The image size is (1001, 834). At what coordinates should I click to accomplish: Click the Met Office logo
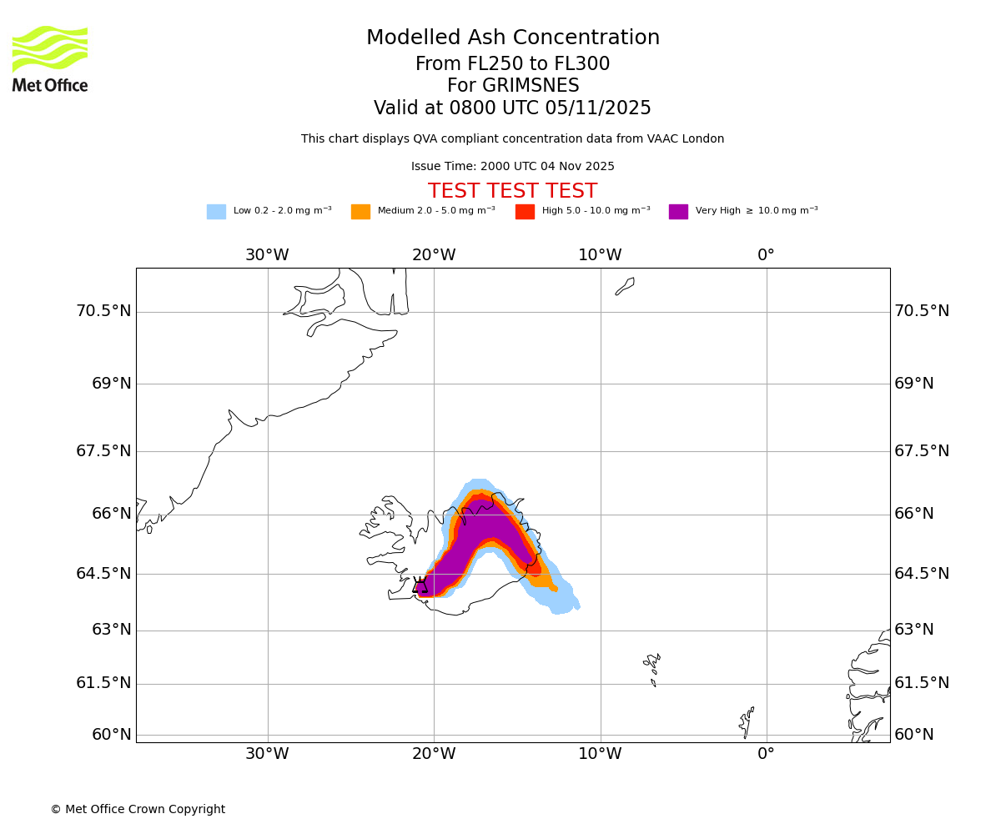(x=50, y=58)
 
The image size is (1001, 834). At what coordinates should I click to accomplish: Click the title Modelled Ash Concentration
(x=512, y=38)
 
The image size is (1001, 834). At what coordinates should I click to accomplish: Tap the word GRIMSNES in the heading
(x=512, y=86)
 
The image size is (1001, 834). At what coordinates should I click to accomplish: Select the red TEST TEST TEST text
(x=512, y=192)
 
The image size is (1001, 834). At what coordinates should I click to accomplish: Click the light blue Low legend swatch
(x=216, y=212)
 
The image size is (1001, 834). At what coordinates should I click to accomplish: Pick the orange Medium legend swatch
(x=360, y=212)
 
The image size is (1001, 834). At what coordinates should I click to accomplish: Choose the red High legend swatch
(x=525, y=212)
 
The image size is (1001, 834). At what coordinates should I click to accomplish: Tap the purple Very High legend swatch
(x=678, y=212)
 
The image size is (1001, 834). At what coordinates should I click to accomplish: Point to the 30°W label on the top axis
(x=267, y=255)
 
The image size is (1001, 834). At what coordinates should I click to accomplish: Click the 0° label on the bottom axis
(x=766, y=754)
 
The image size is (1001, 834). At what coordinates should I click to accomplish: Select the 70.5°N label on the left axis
(x=103, y=311)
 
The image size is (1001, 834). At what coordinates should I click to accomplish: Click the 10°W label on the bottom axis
(x=600, y=754)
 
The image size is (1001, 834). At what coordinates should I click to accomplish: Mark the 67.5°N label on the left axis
(x=103, y=451)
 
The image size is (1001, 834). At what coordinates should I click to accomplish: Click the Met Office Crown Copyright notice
(x=138, y=810)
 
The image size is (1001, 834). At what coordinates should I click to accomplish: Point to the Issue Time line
(x=512, y=167)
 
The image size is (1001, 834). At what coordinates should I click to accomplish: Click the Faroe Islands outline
(x=652, y=667)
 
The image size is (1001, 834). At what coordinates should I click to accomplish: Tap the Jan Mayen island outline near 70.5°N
(x=625, y=286)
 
